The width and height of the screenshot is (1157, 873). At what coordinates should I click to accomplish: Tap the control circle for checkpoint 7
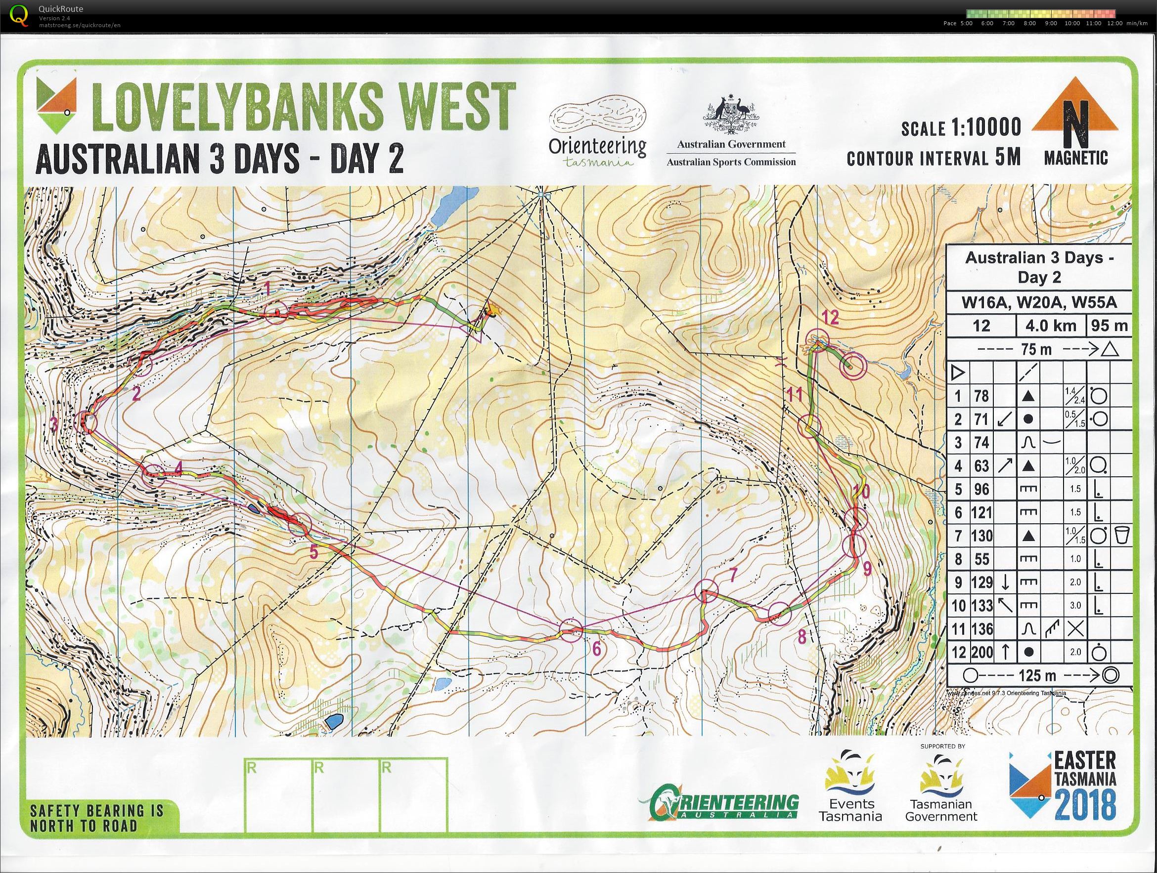(x=707, y=591)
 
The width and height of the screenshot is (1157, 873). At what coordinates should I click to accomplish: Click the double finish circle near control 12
(x=852, y=366)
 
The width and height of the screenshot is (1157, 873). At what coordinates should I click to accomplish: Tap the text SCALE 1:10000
(x=961, y=127)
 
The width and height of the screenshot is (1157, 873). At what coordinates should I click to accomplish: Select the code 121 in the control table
(x=982, y=513)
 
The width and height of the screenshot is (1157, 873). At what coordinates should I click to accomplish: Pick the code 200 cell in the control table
(x=982, y=652)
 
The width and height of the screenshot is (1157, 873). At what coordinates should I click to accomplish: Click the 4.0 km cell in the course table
(x=1051, y=326)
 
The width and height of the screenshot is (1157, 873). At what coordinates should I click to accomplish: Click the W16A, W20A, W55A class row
(x=1039, y=302)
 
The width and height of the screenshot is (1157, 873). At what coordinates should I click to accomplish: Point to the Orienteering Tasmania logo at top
(x=597, y=131)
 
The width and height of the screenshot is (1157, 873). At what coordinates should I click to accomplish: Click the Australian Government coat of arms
(x=731, y=115)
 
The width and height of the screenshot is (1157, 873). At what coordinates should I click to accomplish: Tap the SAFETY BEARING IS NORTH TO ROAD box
(x=97, y=818)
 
